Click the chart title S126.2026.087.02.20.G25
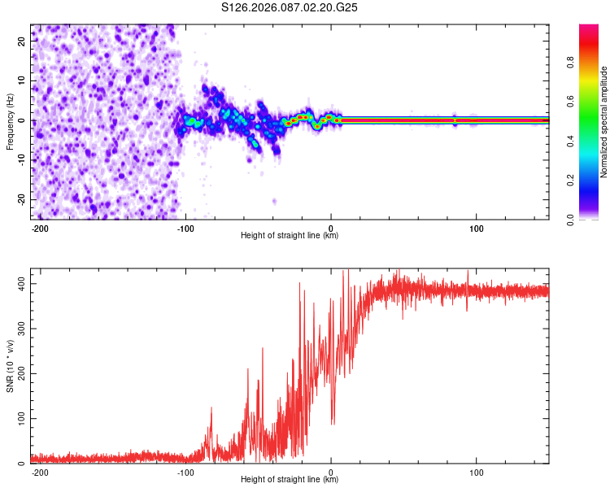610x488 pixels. point(290,8)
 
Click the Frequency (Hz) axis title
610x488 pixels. point(10,120)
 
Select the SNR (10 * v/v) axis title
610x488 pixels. point(10,367)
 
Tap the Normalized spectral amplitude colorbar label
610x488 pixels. point(603,122)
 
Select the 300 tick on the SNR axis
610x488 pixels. point(20,328)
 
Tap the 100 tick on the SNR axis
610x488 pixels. point(20,418)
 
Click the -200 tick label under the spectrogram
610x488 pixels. point(40,228)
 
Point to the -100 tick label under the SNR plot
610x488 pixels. point(185,472)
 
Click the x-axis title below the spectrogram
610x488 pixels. point(290,236)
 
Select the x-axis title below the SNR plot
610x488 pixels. point(290,480)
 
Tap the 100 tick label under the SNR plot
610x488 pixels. point(476,472)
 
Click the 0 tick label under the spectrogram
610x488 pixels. point(330,228)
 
